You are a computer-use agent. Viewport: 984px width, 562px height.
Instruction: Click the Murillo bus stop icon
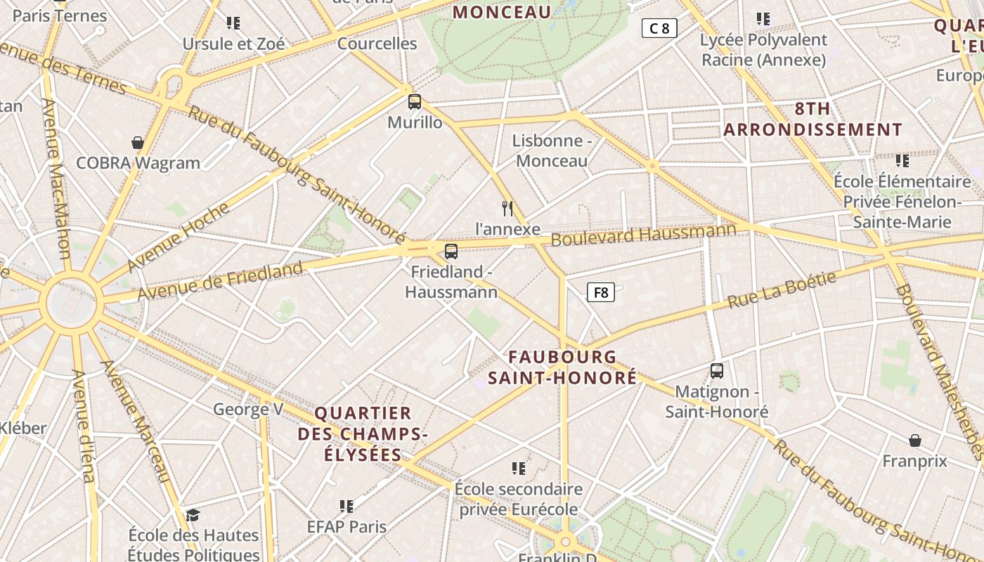tap(415, 101)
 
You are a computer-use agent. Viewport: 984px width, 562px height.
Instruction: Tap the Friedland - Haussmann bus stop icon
tap(451, 251)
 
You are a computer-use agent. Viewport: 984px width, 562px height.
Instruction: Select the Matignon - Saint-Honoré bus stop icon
tap(717, 370)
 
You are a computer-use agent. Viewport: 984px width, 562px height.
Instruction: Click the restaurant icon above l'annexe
tap(507, 208)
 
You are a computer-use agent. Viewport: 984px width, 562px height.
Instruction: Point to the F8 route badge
tap(601, 292)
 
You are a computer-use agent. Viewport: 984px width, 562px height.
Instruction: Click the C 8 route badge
tap(659, 28)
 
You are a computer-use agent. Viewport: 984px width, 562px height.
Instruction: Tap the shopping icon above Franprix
tap(915, 440)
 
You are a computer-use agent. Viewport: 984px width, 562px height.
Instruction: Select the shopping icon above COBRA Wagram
tap(138, 143)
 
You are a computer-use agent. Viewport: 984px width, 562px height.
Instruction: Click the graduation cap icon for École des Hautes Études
tap(193, 515)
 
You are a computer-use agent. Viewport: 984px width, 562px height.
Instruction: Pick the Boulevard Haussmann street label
tap(643, 235)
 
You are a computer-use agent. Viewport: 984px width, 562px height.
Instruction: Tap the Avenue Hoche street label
tap(179, 237)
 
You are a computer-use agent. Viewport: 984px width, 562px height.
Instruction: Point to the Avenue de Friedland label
tap(220, 280)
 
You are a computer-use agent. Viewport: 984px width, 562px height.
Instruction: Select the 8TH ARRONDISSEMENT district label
tap(813, 119)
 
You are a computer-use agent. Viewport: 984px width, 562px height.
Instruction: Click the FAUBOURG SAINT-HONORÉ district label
tap(562, 367)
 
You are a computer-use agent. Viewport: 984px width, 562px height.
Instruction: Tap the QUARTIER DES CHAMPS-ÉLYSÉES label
tap(363, 433)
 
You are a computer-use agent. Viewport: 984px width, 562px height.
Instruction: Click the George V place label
tap(248, 409)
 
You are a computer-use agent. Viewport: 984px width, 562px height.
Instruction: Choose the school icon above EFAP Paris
tap(346, 506)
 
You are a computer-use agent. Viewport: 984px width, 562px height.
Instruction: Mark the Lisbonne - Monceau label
tap(552, 150)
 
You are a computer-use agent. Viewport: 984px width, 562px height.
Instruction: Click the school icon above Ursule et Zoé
tap(233, 23)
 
